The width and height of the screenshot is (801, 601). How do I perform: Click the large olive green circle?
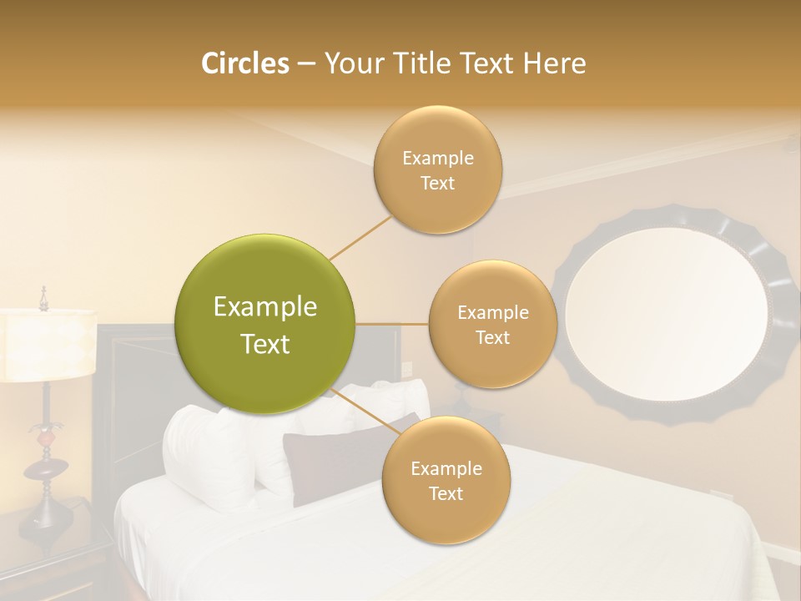pos(265,324)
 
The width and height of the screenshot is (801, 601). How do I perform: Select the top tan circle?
pos(437,170)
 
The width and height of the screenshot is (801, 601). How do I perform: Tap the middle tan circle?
pos(492,324)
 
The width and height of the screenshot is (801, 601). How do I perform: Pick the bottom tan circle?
pos(446,481)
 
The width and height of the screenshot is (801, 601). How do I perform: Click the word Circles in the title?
pos(245,63)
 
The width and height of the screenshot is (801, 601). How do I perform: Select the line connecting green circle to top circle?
pos(360,238)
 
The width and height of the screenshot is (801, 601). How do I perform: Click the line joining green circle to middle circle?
pos(392,324)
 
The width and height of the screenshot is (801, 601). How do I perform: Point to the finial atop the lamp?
pos(43,295)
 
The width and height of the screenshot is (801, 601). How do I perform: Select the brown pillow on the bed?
pos(334,459)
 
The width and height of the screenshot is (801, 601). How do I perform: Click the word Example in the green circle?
pos(265,307)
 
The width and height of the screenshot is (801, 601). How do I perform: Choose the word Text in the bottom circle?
pos(446,493)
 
